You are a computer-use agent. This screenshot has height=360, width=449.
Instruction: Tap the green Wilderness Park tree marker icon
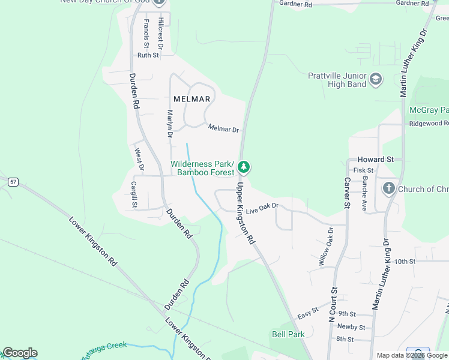[244, 167]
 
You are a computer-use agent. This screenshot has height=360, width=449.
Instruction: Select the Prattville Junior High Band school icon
[376, 79]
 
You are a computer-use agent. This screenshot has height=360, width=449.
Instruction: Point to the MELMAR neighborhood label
[191, 99]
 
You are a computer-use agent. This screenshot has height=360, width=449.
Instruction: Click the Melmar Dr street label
[223, 128]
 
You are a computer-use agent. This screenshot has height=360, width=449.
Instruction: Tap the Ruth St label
[148, 55]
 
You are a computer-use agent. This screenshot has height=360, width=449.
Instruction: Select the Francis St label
[146, 33]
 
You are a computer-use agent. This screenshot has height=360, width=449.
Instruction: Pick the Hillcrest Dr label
[161, 32]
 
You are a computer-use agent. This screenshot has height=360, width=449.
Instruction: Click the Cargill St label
[134, 196]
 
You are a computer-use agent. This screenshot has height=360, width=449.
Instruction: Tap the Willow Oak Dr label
[324, 247]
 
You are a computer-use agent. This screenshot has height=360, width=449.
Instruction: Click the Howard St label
[375, 160]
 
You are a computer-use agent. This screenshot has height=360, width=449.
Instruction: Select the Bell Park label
[288, 334]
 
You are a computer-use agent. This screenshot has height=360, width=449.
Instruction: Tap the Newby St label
[351, 327]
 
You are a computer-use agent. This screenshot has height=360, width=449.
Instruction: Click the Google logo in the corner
[20, 353]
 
